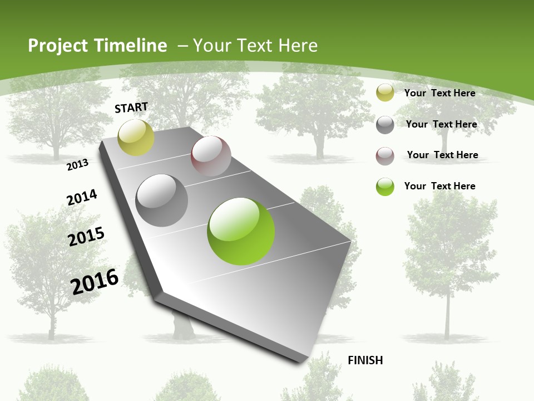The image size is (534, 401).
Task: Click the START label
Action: [x=131, y=107]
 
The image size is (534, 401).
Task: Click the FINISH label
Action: [x=365, y=360]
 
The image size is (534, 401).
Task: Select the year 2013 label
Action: [x=77, y=164]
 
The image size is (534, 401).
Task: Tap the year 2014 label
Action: [x=82, y=197]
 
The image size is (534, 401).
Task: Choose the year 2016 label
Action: [x=95, y=281]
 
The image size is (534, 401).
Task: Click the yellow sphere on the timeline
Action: [x=136, y=137]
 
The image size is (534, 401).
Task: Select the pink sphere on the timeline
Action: [x=211, y=155]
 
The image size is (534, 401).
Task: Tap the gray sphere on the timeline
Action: [x=161, y=200]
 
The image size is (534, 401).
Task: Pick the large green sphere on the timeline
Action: [x=241, y=231]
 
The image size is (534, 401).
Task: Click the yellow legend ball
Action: [x=385, y=92]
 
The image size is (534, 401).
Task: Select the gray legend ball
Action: [x=385, y=125]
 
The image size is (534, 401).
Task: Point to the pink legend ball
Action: [x=385, y=156]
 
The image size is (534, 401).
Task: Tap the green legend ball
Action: [x=385, y=187]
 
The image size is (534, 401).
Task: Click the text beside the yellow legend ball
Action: [x=439, y=93]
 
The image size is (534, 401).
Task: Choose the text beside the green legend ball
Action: [x=439, y=186]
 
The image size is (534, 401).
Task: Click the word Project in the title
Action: [x=57, y=46]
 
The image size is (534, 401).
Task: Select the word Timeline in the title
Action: [x=131, y=46]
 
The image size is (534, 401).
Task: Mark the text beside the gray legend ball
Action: [x=441, y=124]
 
